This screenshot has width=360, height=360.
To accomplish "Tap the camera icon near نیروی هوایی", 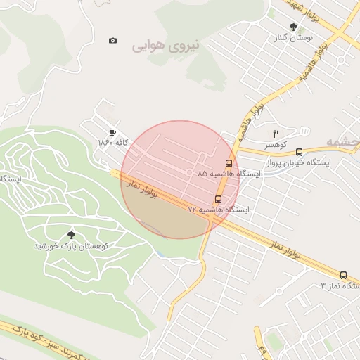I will pos(113,40).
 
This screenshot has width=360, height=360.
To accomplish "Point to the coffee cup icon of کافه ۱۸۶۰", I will pos(112,133).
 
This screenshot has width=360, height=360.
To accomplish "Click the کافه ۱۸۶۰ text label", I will pos(111,143).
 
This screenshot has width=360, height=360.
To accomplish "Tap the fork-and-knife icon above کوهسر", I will pos(276,133).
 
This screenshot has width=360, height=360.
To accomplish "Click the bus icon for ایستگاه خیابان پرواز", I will pos(300,152).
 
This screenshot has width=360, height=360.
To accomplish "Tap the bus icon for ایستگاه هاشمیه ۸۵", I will pos(229,163).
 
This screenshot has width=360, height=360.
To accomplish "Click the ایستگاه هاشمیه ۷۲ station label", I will pos(218,210).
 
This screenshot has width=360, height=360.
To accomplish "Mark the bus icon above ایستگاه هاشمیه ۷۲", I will pos(218,199).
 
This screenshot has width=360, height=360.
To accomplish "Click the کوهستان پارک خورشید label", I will pos(70,247).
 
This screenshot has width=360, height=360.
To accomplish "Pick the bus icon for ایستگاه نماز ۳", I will pos(343,275).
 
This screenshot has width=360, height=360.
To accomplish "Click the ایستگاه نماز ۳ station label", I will pos(340,286).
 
